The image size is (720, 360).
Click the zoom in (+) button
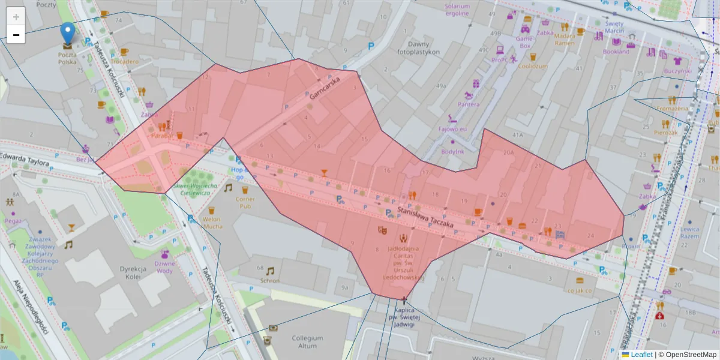coord(16,17)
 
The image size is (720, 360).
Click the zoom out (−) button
coord(16,35)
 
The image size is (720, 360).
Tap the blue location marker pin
coord(68,33)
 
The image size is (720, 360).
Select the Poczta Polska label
coord(67,58)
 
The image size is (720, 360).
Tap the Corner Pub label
coord(245,202)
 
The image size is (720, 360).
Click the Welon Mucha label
coord(212,223)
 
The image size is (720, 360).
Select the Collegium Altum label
coord(304,341)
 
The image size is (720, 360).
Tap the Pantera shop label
coord(469,104)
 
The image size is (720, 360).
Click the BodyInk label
coord(452,151)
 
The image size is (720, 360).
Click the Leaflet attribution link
coord(641,355)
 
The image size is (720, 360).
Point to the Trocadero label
coord(124,61)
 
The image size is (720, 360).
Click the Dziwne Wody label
coord(164,267)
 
